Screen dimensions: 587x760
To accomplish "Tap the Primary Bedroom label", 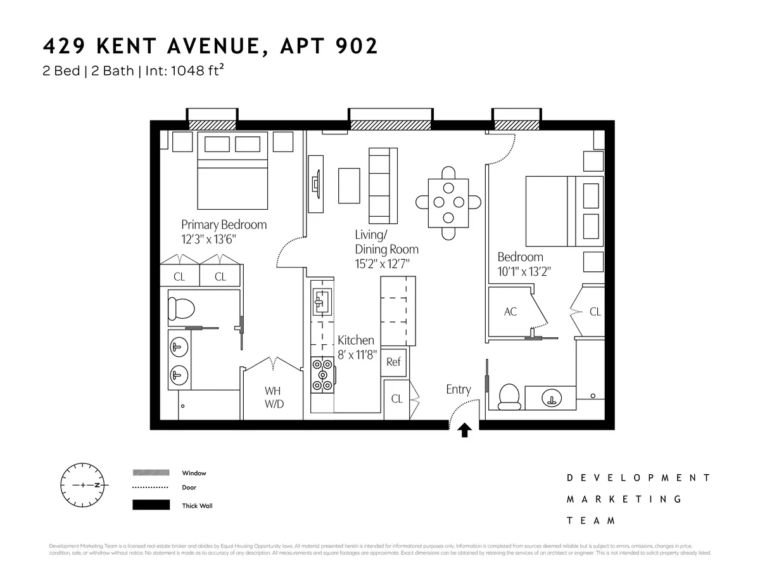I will click(x=224, y=224).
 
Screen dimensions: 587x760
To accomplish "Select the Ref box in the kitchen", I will click(x=393, y=362).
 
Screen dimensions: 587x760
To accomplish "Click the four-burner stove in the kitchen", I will click(x=322, y=374).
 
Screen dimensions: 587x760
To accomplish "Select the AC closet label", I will click(x=510, y=311).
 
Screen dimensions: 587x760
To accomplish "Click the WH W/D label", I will click(x=274, y=397).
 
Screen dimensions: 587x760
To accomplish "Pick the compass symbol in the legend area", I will click(x=83, y=486).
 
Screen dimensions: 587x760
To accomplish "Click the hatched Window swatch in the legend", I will click(x=151, y=473).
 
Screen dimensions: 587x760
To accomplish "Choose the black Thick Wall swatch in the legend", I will click(x=151, y=505).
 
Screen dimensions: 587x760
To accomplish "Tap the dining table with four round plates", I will click(x=448, y=203).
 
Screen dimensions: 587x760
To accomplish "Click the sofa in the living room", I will click(x=383, y=185).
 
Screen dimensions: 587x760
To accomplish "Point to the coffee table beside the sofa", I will click(x=349, y=186).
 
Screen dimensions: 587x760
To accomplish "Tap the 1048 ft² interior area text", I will click(x=193, y=71).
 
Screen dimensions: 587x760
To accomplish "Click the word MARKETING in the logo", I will click(x=624, y=499).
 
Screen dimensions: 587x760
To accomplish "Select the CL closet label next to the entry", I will click(x=396, y=399).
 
